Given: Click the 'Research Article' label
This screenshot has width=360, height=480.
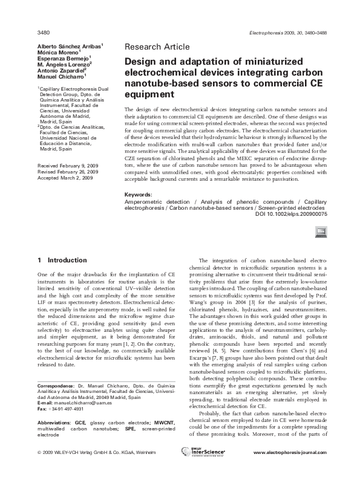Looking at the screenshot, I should point(157,46).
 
